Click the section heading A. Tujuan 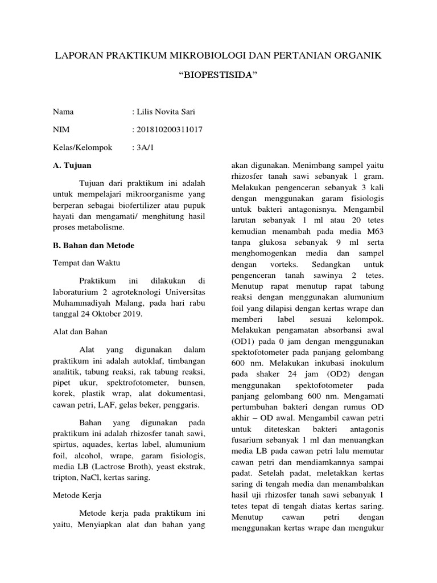[72, 165]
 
